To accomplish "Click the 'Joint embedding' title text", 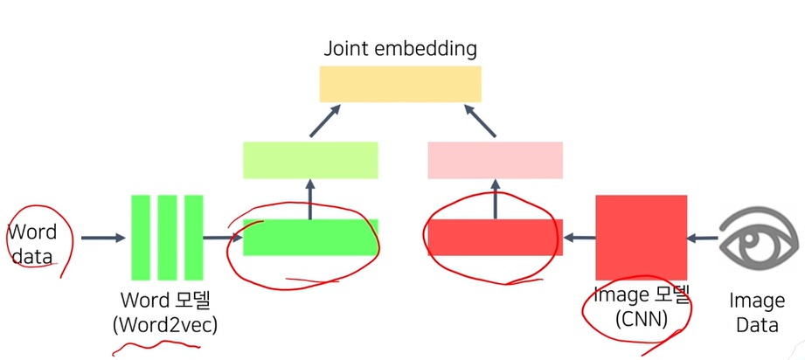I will click(x=400, y=47).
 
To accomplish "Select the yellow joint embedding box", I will click(x=400, y=84).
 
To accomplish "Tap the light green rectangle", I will click(x=310, y=160).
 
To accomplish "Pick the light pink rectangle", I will click(x=495, y=160).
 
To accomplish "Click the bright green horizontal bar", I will click(x=310, y=237).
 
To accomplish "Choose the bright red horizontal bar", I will click(x=495, y=237).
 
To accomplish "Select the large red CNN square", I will click(x=641, y=237).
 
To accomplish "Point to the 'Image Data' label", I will click(x=757, y=312).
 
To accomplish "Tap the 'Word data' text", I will click(x=32, y=245).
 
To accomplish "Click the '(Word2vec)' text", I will click(x=164, y=324).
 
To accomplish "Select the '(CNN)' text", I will click(x=641, y=320).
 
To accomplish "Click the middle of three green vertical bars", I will click(x=167, y=237).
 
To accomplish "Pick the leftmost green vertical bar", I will click(x=141, y=237).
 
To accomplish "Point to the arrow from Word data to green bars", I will click(x=102, y=237).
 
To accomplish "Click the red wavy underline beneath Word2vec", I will click(x=157, y=346).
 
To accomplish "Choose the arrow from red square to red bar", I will click(x=579, y=237).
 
